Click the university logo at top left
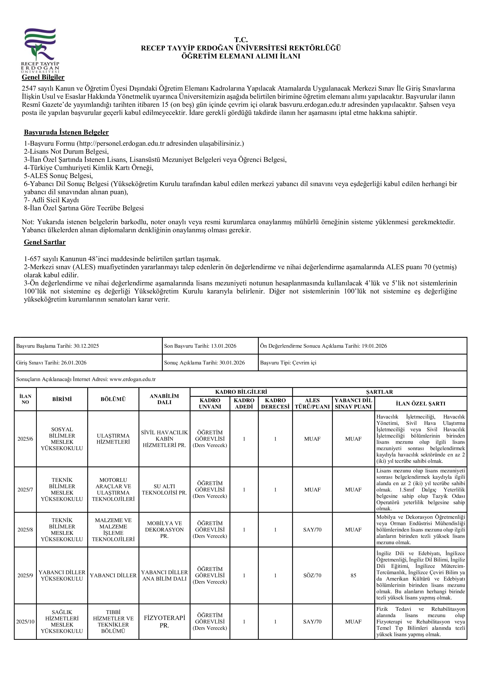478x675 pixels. [40, 50]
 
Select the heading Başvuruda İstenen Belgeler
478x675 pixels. [66, 132]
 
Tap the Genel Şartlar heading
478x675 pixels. [45, 242]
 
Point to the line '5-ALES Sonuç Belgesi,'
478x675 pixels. [58, 176]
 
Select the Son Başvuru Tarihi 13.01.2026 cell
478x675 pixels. [200, 346]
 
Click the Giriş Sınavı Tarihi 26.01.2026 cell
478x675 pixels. [51, 363]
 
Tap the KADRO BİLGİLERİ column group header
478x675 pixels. [241, 392]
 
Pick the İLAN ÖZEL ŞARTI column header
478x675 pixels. [420, 404]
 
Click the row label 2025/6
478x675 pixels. [25, 439]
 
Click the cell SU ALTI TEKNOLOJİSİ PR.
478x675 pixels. [164, 490]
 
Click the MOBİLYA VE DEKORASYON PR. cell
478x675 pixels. [164, 530]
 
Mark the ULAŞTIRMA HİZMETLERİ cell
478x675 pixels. [113, 439]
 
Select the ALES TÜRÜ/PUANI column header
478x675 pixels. [312, 404]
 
